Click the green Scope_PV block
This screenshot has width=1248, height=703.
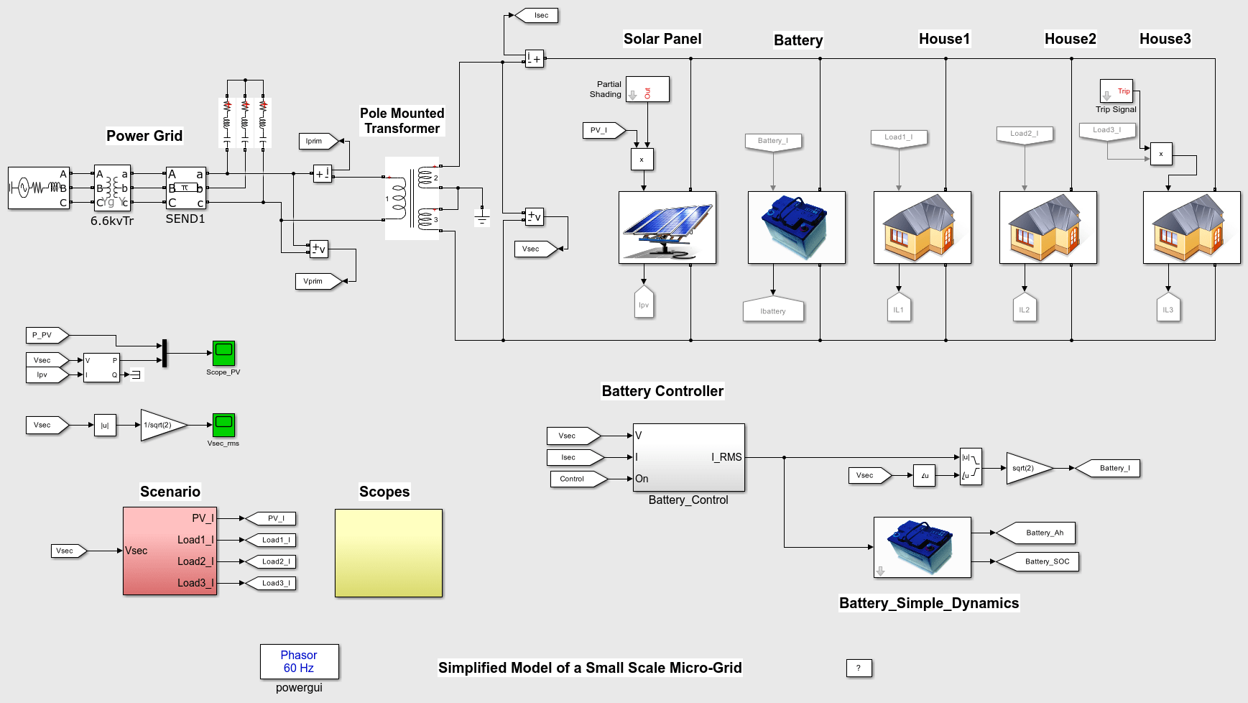(x=223, y=353)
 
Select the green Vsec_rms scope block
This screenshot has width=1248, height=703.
(x=223, y=425)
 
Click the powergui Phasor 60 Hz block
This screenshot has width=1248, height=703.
(x=299, y=661)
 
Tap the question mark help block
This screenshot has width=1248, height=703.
(x=859, y=668)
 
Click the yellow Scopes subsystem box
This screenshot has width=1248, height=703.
(x=388, y=553)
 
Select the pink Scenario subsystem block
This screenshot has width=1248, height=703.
(x=170, y=551)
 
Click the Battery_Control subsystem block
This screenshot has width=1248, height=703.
(x=688, y=457)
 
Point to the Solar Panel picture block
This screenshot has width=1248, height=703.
(x=667, y=227)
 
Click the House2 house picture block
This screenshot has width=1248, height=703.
(x=1048, y=227)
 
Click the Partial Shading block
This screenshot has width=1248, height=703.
(x=647, y=90)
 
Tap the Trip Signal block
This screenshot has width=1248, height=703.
(x=1116, y=91)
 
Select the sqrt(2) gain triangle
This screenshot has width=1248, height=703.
(x=1027, y=468)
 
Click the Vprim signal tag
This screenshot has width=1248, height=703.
(x=316, y=281)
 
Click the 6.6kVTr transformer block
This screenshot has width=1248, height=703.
(x=112, y=188)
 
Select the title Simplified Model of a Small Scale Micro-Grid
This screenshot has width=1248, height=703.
(x=590, y=668)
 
